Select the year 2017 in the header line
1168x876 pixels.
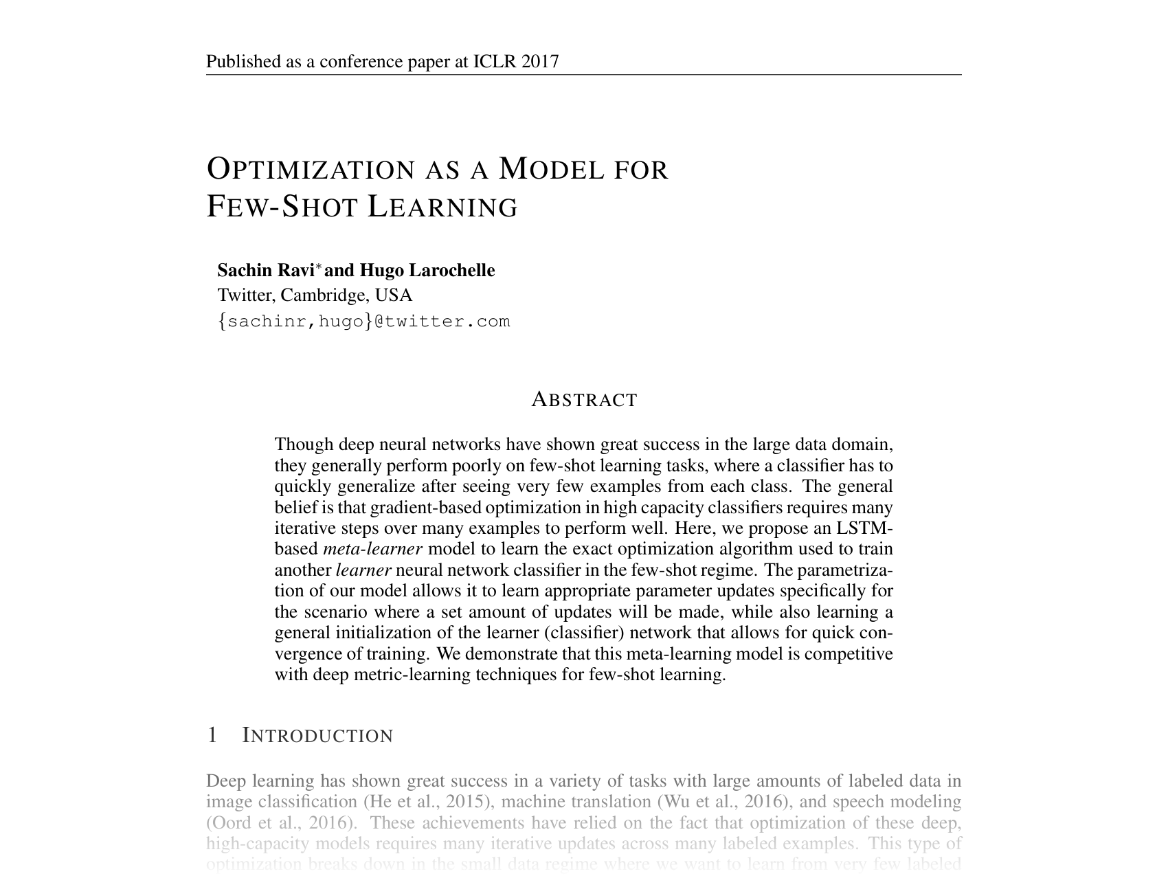coord(540,62)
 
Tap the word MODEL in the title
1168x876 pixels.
coord(551,169)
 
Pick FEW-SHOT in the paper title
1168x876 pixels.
coord(282,206)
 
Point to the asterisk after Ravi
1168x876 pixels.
coord(319,266)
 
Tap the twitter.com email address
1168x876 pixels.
coord(364,321)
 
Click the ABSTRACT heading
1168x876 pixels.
coord(585,399)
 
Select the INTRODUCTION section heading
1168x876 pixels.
coord(318,735)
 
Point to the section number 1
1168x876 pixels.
coord(212,735)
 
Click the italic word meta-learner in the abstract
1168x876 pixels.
coord(372,549)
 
